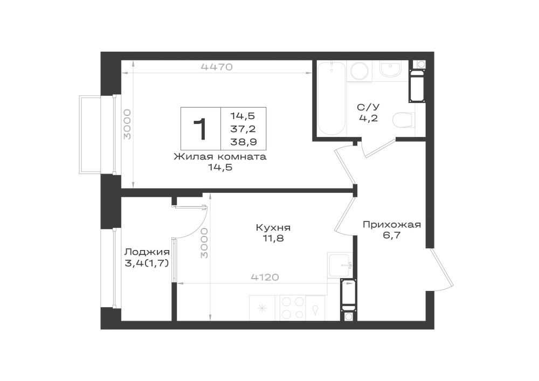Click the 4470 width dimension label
click(x=217, y=67)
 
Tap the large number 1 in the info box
click(x=200, y=129)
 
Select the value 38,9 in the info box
click(x=244, y=142)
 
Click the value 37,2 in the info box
click(x=244, y=129)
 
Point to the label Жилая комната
click(x=220, y=157)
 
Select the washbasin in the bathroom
click(x=390, y=70)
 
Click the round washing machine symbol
click(x=360, y=71)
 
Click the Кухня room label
click(x=273, y=227)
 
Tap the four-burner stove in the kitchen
click(x=293, y=308)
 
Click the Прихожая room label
click(x=392, y=225)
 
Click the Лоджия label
click(x=147, y=252)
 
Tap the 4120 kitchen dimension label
click(x=265, y=277)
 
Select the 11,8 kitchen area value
click(x=274, y=238)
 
